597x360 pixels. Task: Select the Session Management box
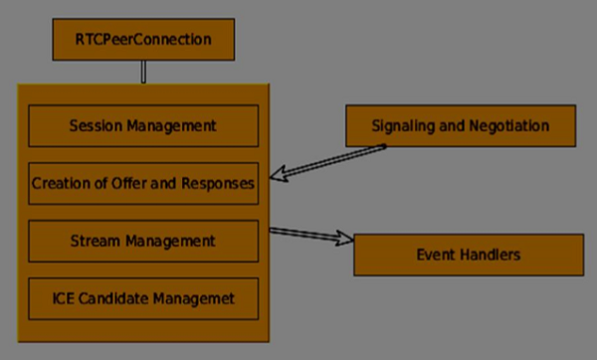coord(143,126)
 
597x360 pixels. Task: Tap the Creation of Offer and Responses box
coord(143,183)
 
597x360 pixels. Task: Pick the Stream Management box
coord(143,241)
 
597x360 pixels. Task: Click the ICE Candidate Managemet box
coord(143,297)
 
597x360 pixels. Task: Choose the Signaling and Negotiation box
coord(460,126)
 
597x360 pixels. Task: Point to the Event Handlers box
coord(468,256)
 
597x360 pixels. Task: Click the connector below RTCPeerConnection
coord(143,72)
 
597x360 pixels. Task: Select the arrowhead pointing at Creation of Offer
coord(284,176)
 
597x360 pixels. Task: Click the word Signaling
coord(403,126)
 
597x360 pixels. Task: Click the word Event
coord(435,256)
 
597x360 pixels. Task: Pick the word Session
coord(97,126)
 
